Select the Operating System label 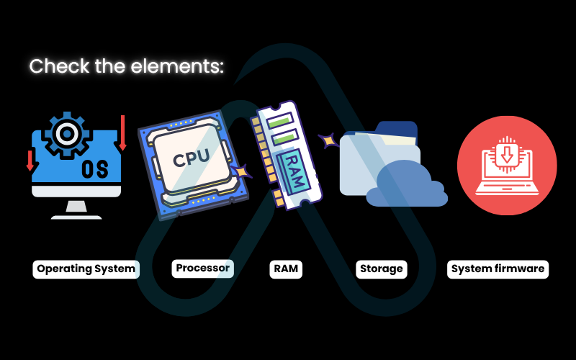[86, 269]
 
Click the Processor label [203, 268]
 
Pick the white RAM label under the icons [286, 269]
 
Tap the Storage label [381, 269]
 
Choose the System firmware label [498, 269]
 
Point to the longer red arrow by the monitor [122, 132]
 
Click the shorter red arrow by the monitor [30, 160]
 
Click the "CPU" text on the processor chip [191, 156]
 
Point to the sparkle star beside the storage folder [329, 140]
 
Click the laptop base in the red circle [507, 190]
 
